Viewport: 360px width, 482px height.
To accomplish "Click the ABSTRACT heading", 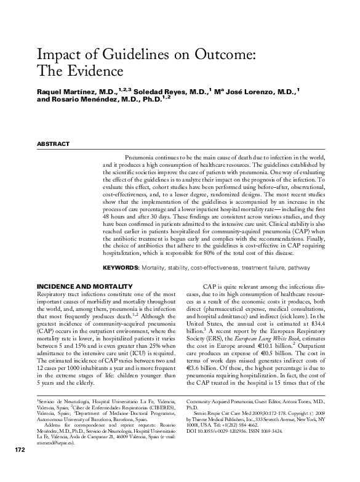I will click(x=53, y=144).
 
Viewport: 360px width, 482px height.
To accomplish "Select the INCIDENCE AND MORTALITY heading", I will click(x=84, y=287).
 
